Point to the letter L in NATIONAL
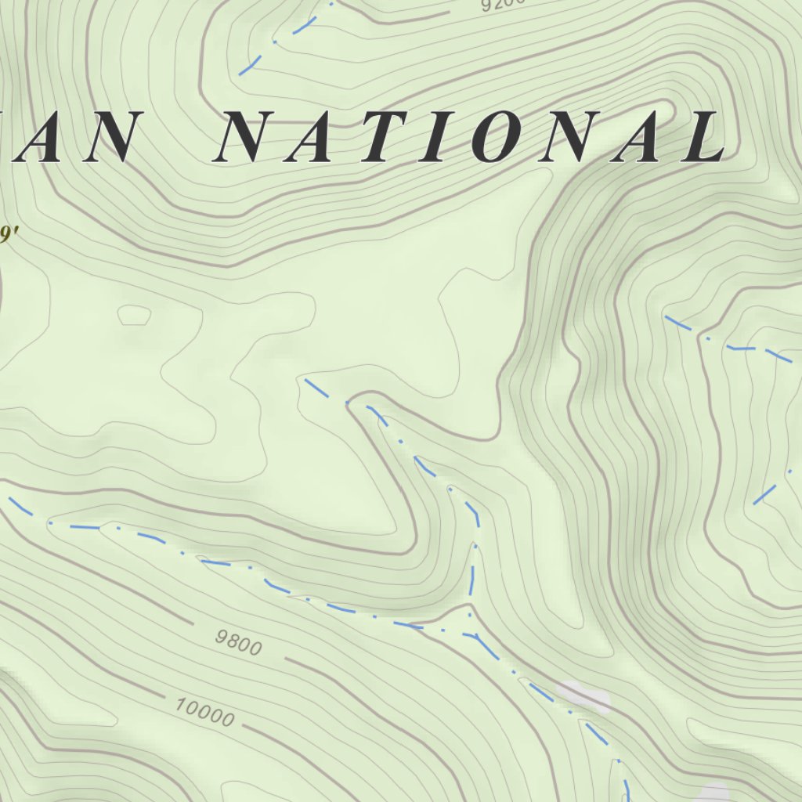(701, 139)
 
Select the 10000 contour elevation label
(204, 711)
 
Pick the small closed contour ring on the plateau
(134, 315)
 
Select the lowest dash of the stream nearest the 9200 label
(249, 66)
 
